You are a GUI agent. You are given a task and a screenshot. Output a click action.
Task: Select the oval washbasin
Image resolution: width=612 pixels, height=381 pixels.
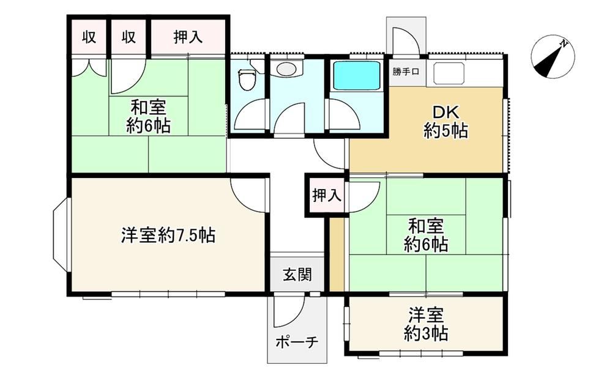coord(286,69)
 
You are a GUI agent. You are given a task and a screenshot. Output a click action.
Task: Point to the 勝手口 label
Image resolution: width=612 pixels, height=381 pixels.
coord(406,72)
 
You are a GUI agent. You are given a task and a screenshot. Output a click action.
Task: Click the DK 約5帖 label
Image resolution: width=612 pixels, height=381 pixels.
coord(446,121)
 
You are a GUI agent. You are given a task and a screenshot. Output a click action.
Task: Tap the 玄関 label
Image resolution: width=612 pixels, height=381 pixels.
coord(297,275)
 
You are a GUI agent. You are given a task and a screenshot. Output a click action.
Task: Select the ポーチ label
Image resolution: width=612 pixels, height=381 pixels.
coord(297,342)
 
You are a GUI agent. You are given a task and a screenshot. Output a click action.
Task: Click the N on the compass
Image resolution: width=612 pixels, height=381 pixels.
coord(563,43)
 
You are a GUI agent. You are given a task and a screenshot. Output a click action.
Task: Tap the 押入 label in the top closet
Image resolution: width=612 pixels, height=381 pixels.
coord(188,37)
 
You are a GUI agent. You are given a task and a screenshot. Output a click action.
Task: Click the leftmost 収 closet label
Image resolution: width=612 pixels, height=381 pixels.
coord(89,37)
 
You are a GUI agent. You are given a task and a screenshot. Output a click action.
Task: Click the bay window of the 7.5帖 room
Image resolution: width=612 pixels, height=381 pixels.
coord(61,234)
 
